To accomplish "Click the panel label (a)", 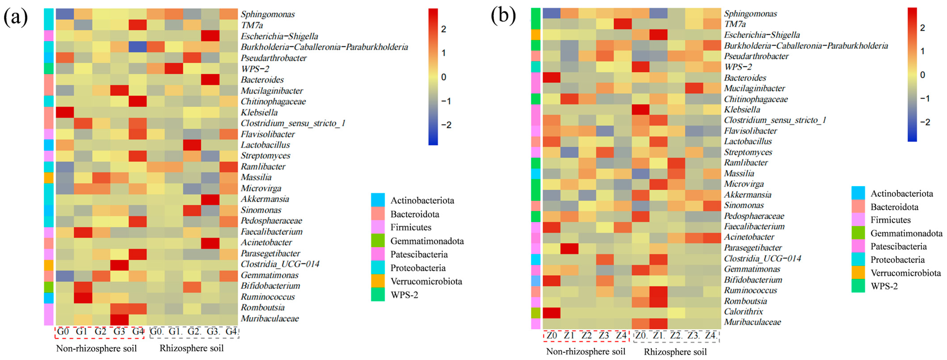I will [x=15, y=17].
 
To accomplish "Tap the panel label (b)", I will [x=503, y=16].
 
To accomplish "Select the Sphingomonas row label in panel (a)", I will [x=268, y=14].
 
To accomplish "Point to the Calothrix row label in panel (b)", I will [x=743, y=311].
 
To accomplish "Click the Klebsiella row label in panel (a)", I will [x=259, y=112].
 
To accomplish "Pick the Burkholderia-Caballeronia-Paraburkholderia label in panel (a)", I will [x=324, y=47].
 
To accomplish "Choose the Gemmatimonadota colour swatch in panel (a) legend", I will [x=378, y=241].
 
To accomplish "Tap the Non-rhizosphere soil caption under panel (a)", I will [x=96, y=348].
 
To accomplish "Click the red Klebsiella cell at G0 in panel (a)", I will [x=65, y=112].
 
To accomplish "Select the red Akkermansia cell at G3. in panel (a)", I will [x=210, y=199].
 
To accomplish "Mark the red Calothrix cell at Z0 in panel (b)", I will [x=552, y=312].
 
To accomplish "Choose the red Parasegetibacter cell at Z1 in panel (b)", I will [x=569, y=248].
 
